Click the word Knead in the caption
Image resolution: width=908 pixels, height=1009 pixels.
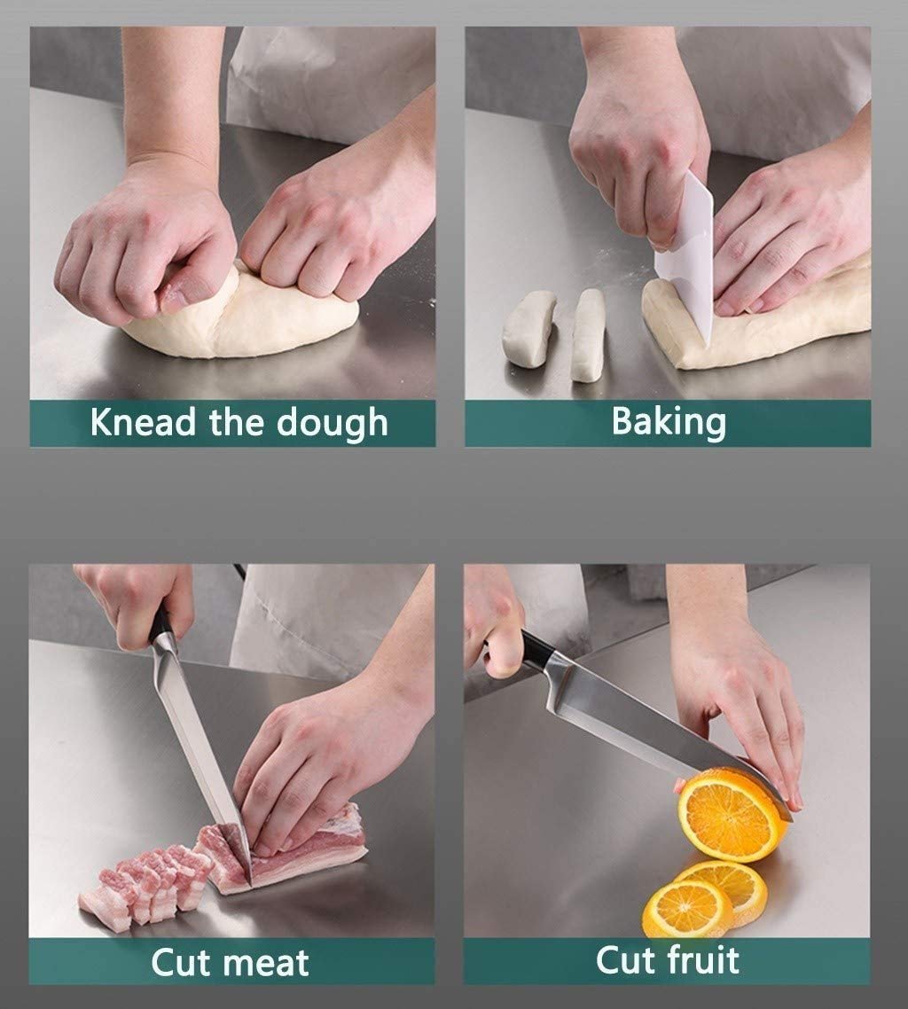[142, 422]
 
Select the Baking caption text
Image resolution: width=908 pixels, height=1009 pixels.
[669, 423]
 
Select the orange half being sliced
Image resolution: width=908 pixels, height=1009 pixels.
[732, 814]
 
